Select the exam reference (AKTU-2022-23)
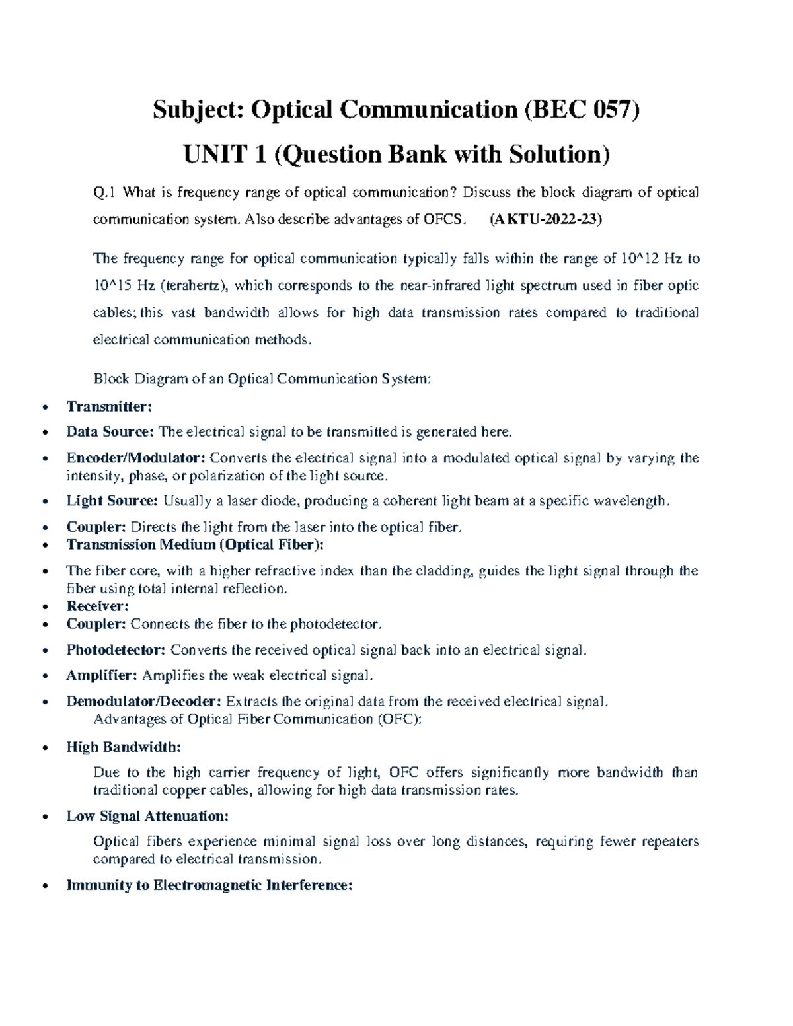[545, 220]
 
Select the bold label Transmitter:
[109, 406]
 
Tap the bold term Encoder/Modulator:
[136, 458]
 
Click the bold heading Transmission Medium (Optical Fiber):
[195, 544]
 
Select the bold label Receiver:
[97, 606]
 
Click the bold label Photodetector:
[116, 650]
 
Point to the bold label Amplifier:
[102, 675]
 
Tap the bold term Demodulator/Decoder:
[143, 701]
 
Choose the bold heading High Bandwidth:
[123, 747]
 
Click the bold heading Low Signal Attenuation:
[147, 816]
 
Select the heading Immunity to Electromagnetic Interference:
[209, 885]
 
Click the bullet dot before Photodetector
[45, 651]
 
